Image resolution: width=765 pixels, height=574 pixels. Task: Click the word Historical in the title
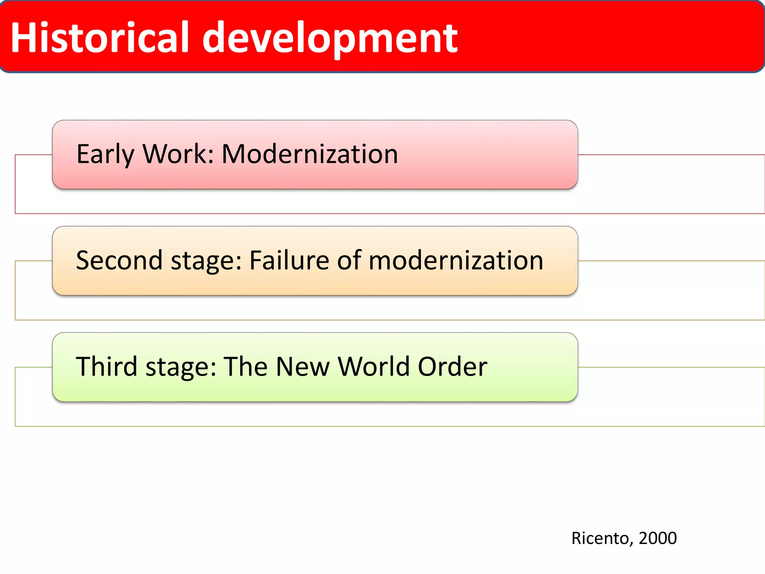pyautogui.click(x=100, y=37)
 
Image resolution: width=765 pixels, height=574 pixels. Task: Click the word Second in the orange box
pyautogui.click(x=119, y=260)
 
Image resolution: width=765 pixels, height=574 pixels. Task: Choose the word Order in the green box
pyautogui.click(x=452, y=366)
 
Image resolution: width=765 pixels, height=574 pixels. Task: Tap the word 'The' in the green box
pyautogui.click(x=245, y=366)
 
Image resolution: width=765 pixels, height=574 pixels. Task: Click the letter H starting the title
pyautogui.click(x=23, y=37)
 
